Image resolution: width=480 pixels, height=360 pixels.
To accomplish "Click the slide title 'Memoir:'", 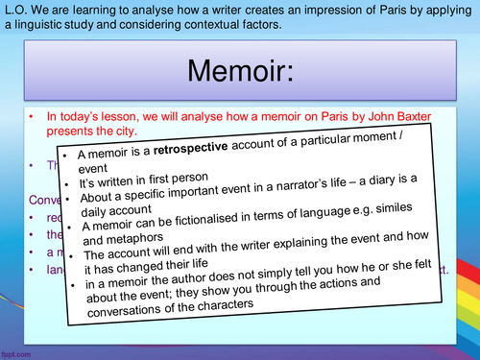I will click(240, 70).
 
